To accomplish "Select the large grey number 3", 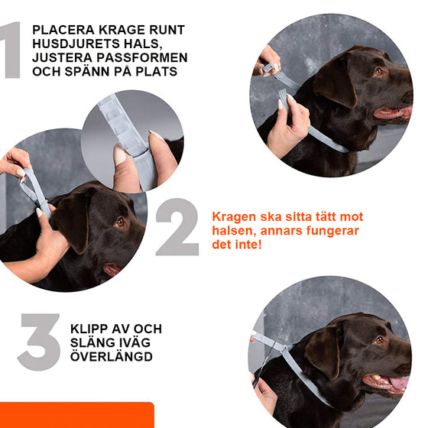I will [38, 341].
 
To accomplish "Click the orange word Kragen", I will [232, 216].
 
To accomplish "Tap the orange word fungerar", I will [331, 231].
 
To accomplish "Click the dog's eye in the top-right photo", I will [378, 71].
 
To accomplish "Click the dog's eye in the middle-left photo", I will [120, 222].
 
